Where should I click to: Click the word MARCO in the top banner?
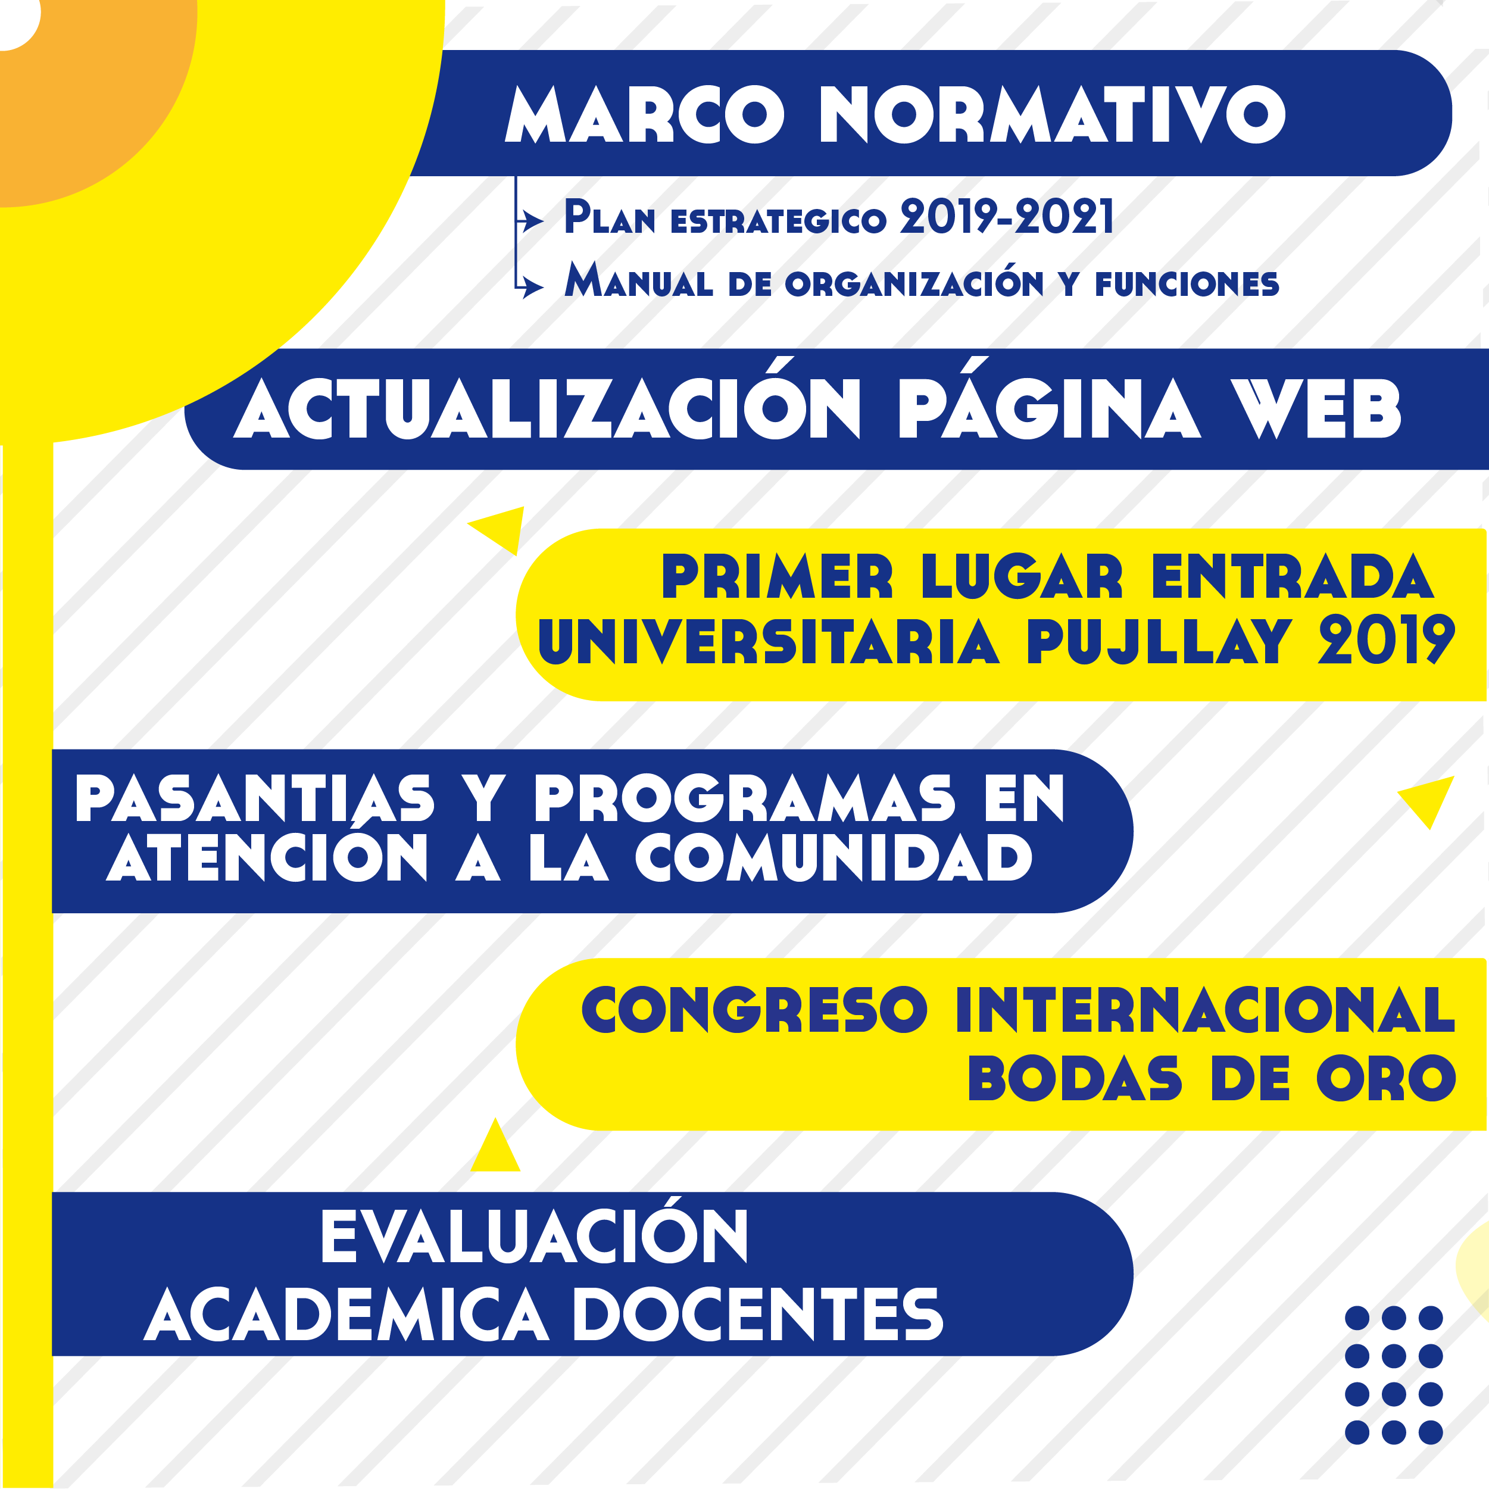(644, 114)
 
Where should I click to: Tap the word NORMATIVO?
(1053, 114)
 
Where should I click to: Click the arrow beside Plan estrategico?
(530, 221)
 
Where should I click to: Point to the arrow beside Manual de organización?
(530, 288)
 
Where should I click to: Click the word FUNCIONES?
(1187, 285)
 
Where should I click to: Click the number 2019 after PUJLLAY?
(1387, 641)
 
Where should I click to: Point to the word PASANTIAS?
(255, 798)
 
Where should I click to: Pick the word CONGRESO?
(754, 1010)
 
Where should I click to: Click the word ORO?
(1387, 1078)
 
